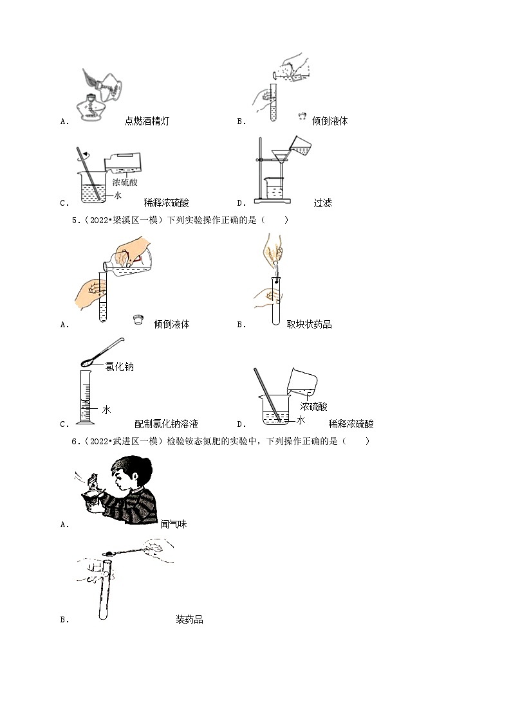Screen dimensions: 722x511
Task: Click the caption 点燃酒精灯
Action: pos(147,121)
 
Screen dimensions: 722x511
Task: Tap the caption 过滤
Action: pos(322,203)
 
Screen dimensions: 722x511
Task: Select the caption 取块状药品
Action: pos(310,324)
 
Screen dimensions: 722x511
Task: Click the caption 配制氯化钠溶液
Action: pos(166,424)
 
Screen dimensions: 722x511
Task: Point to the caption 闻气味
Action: pos(173,524)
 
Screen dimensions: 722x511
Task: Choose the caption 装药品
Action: pos(189,620)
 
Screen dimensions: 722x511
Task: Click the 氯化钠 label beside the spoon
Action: pos(120,366)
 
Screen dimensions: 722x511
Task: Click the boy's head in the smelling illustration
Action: pos(133,472)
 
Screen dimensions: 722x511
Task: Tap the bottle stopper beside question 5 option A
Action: pos(136,319)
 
